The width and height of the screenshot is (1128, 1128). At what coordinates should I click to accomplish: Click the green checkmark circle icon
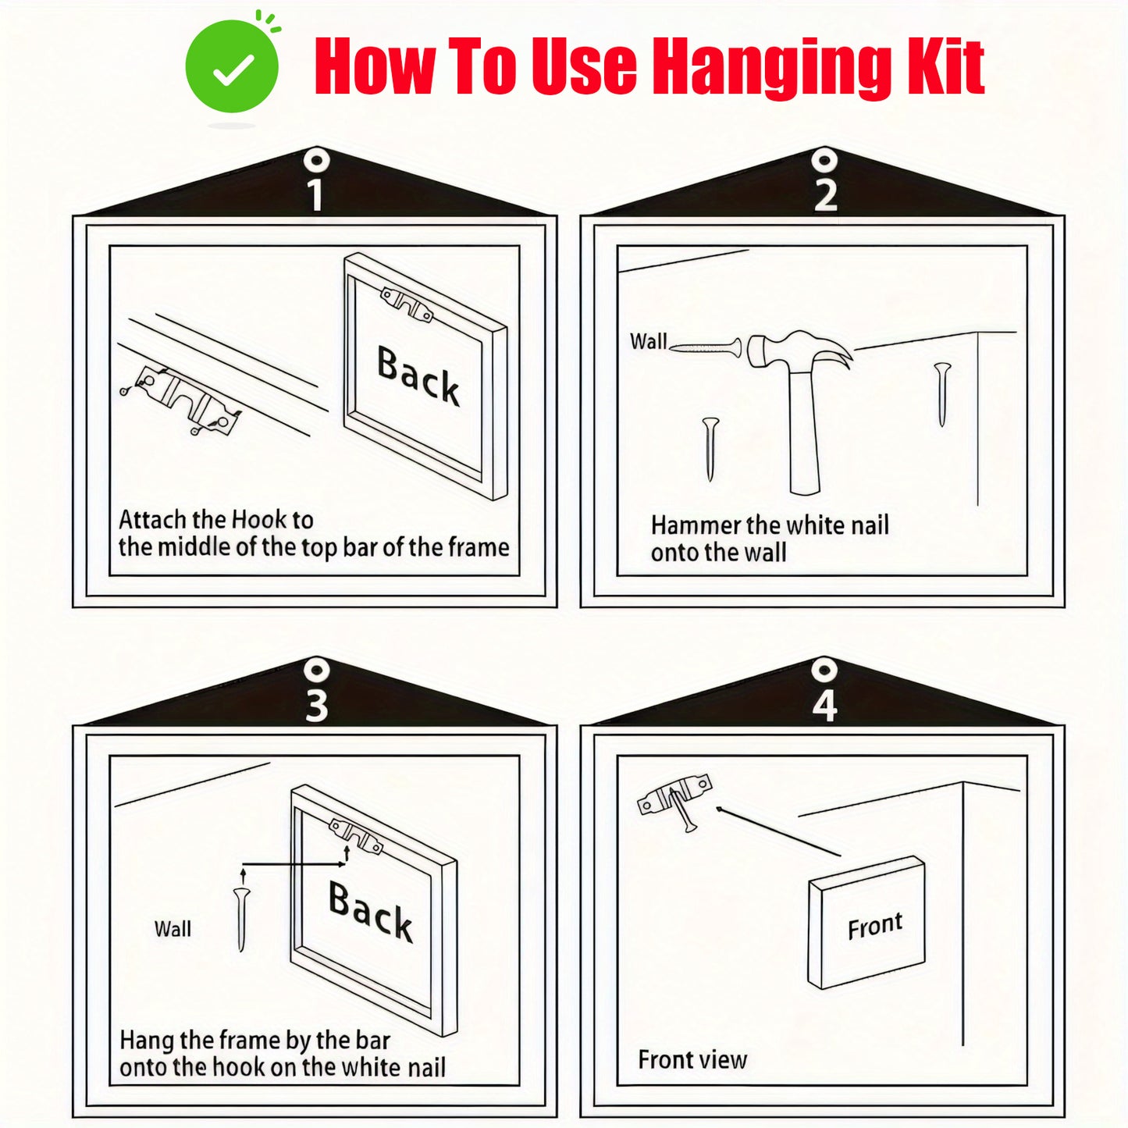(x=232, y=66)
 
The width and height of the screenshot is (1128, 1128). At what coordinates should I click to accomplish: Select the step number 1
(x=315, y=194)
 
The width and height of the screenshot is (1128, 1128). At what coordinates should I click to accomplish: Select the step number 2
(x=825, y=194)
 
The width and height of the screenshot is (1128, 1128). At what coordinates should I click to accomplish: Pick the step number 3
(x=316, y=706)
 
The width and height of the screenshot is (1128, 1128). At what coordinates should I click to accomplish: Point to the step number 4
(x=825, y=706)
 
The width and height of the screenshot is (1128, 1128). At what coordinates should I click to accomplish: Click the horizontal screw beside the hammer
(x=706, y=347)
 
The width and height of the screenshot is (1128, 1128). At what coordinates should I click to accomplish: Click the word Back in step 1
(x=418, y=375)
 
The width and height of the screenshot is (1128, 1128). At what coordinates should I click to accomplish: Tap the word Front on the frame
(x=875, y=926)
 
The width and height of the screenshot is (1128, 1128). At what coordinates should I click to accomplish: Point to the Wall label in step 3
(x=173, y=928)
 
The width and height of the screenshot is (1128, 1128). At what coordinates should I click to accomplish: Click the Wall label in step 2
(x=649, y=340)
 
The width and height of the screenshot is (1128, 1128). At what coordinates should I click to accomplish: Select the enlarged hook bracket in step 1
(x=181, y=399)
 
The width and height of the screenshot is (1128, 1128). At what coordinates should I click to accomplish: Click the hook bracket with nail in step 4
(x=675, y=799)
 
